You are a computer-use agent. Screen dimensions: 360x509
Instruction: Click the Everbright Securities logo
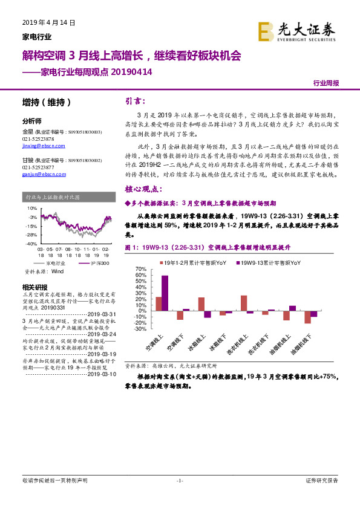[x=296, y=31]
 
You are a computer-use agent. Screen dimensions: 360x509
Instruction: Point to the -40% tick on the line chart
[x=30, y=243]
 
